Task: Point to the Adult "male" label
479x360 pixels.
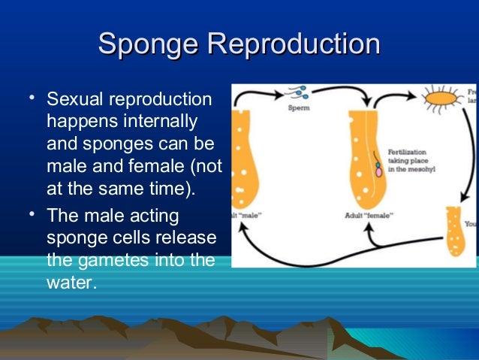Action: coord(247,214)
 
